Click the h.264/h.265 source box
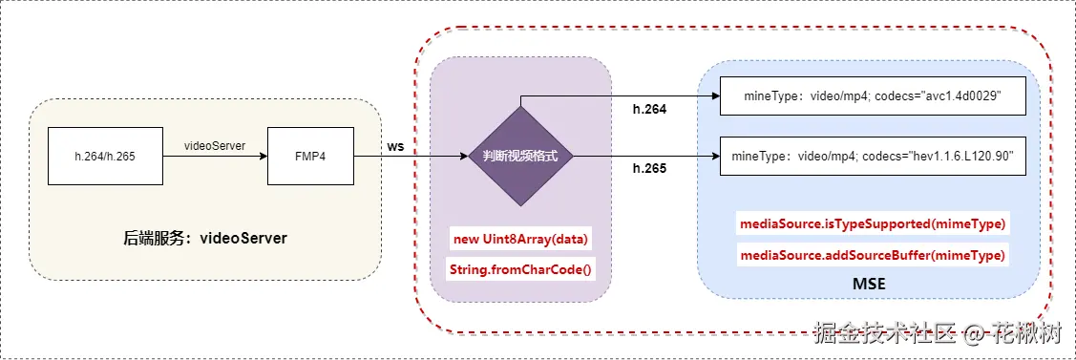click(x=105, y=156)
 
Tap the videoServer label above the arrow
click(x=215, y=145)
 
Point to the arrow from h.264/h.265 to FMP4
click(x=215, y=157)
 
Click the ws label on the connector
click(x=394, y=146)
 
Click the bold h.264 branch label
click(x=650, y=109)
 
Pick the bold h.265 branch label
click(x=650, y=169)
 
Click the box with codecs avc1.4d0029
click(x=872, y=97)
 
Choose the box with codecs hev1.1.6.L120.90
click(x=872, y=157)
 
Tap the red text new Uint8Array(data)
click(x=520, y=238)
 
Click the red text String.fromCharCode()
click(x=520, y=270)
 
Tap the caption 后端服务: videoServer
click(x=200, y=236)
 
